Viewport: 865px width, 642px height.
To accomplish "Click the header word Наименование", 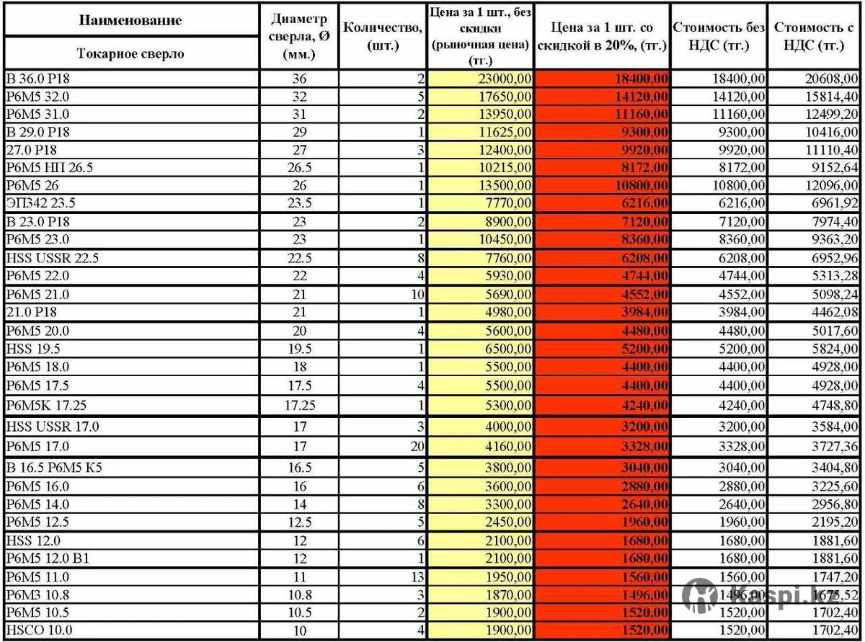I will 130,20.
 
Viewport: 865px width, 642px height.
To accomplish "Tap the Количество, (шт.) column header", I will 382,36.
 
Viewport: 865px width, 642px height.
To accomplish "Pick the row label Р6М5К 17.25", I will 47,406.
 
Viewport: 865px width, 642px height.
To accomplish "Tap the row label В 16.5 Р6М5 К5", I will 54,468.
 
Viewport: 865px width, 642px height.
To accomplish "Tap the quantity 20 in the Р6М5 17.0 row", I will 417,447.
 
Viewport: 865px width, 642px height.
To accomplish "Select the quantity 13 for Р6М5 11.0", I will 417,577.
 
